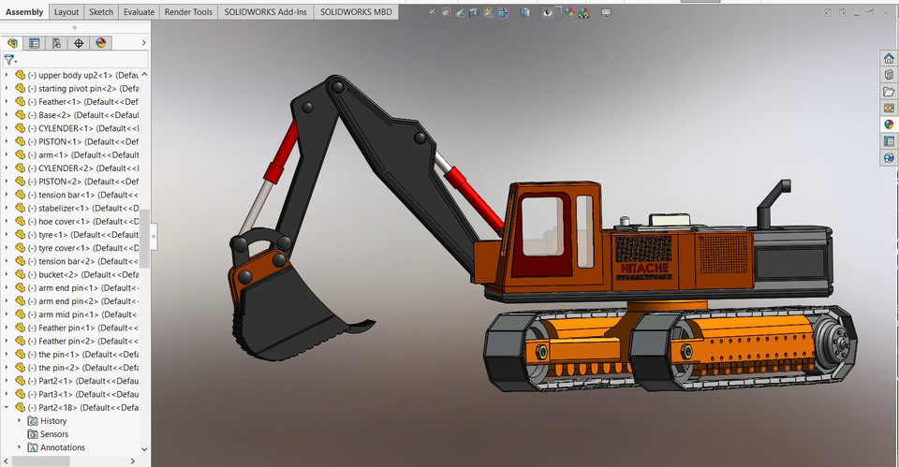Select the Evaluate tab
[x=140, y=12]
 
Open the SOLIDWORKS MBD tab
[x=356, y=12]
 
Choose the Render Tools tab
[x=189, y=12]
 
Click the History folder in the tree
[x=53, y=421]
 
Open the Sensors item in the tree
[x=53, y=434]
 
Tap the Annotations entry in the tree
[x=62, y=447]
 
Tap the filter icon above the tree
[x=9, y=59]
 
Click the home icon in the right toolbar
[x=889, y=58]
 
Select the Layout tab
[x=66, y=12]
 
